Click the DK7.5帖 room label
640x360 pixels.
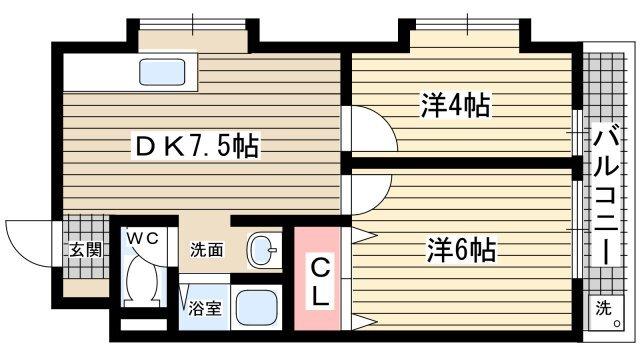coord(197,147)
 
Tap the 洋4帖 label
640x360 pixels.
coord(455,104)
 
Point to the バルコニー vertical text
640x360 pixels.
coord(606,194)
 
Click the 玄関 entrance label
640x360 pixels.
coord(84,250)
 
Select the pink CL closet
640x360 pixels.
coord(318,281)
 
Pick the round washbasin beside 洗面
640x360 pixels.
coord(263,251)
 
